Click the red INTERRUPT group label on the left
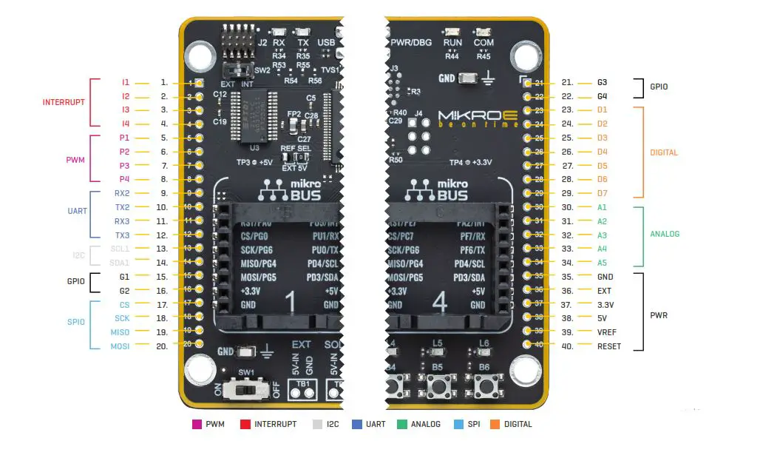pos(64,102)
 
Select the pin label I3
pos(126,110)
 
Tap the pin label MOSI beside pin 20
pos(121,346)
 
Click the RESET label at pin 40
pos(609,346)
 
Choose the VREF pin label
pos(606,332)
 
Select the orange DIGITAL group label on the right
pos(663,152)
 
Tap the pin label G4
pos(602,96)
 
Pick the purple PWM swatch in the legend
pos(197,424)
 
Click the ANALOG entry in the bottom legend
pos(425,424)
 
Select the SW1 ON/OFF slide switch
pos(247,388)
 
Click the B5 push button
pos(438,386)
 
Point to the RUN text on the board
pos(452,43)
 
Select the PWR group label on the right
pos(659,315)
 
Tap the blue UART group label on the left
pos(77,211)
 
